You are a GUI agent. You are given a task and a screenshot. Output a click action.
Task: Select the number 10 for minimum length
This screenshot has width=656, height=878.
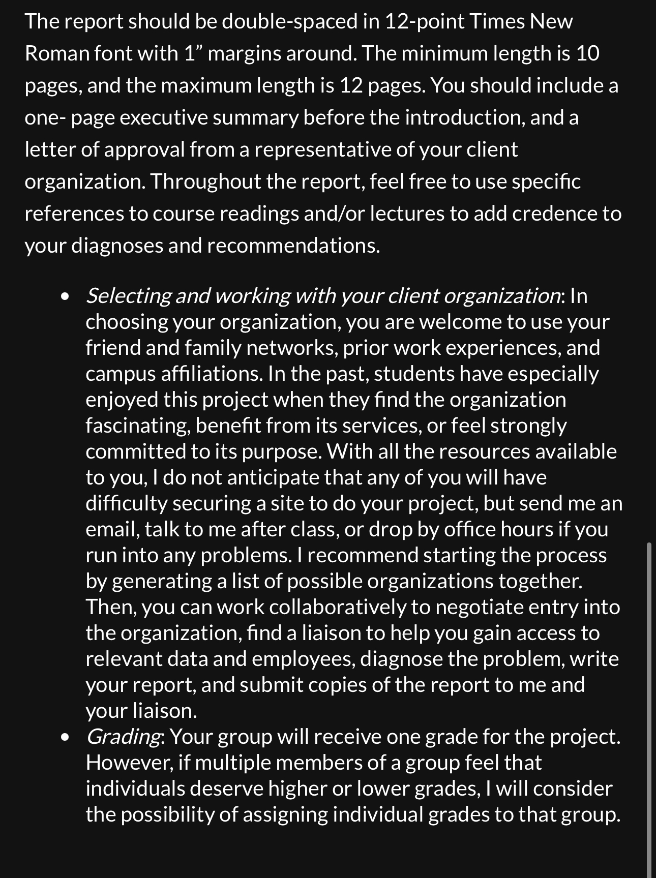(x=588, y=53)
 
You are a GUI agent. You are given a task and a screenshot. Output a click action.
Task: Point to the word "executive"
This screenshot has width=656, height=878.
(x=164, y=117)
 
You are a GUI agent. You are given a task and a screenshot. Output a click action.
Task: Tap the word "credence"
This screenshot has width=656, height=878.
(x=554, y=214)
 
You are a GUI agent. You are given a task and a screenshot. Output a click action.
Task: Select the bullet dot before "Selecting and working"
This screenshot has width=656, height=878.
(x=65, y=296)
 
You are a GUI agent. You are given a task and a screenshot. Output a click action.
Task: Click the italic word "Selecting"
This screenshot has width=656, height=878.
(x=128, y=296)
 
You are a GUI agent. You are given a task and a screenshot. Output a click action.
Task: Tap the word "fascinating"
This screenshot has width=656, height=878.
(x=137, y=426)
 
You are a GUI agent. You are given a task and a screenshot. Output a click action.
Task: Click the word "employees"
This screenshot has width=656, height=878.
(x=303, y=659)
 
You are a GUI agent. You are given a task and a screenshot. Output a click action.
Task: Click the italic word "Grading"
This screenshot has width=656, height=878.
(x=123, y=737)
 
